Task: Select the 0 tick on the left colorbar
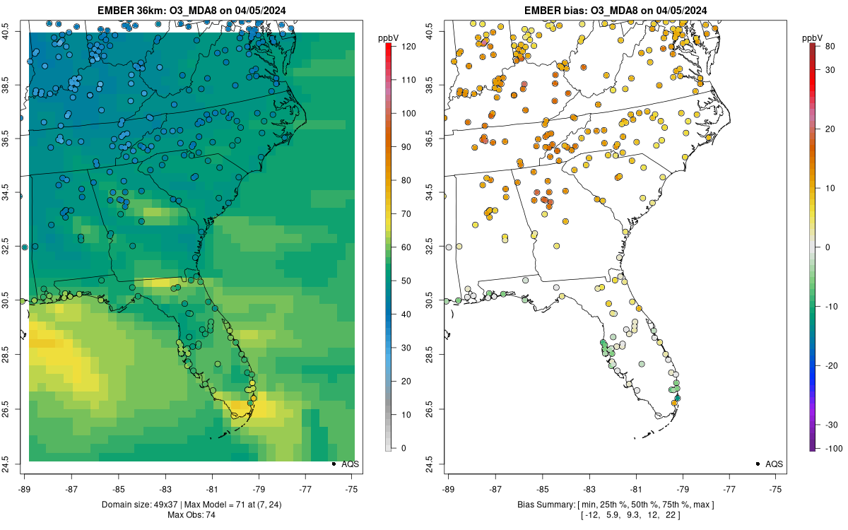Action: coord(403,447)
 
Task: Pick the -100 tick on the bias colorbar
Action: coord(823,448)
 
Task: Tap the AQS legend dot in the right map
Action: coord(758,464)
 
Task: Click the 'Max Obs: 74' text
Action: coord(191,514)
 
